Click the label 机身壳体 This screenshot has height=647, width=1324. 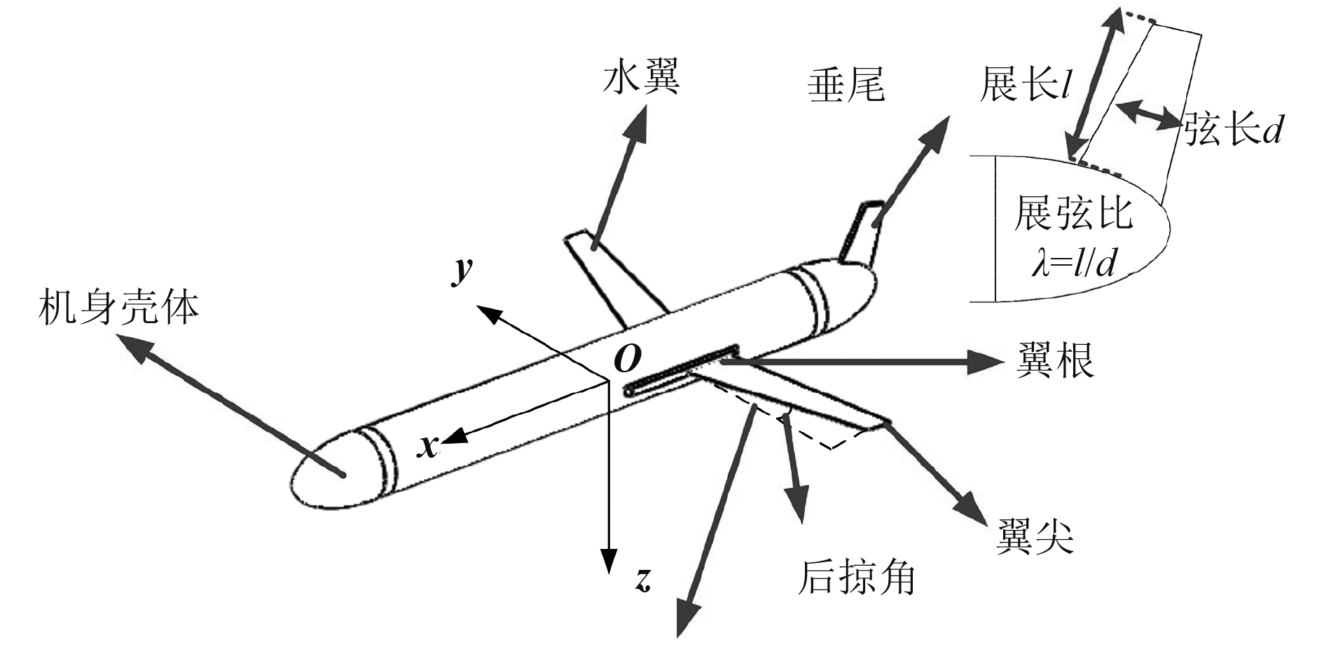[x=118, y=308]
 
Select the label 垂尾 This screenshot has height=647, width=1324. [x=846, y=86]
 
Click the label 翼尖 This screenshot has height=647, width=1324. [x=1035, y=537]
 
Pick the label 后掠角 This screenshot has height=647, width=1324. [x=857, y=578]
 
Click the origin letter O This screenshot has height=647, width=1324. [x=626, y=359]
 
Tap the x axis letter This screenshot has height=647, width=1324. [x=427, y=445]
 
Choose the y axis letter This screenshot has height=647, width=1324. [x=462, y=270]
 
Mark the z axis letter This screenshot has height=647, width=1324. [x=643, y=579]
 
